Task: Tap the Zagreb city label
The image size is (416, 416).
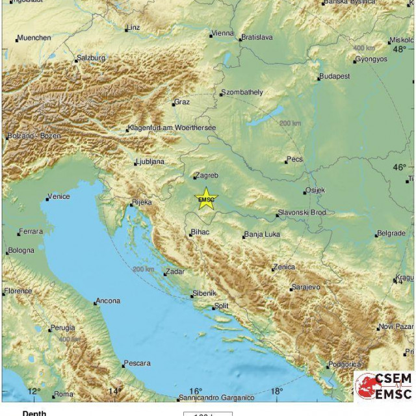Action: point(208,175)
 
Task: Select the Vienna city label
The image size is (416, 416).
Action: point(223,33)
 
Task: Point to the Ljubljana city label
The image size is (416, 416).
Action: point(151,162)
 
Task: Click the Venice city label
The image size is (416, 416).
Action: point(59,196)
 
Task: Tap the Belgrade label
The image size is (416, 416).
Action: point(391,233)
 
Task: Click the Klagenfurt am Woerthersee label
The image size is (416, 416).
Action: point(173,127)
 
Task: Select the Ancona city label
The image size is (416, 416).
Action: point(107,301)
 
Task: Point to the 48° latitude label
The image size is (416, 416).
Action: point(399,48)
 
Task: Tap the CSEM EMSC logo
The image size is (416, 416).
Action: point(383,385)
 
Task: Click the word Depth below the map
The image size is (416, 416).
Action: point(34,412)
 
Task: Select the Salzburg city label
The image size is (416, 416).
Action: point(91,58)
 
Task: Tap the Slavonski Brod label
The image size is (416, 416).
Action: point(302,213)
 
